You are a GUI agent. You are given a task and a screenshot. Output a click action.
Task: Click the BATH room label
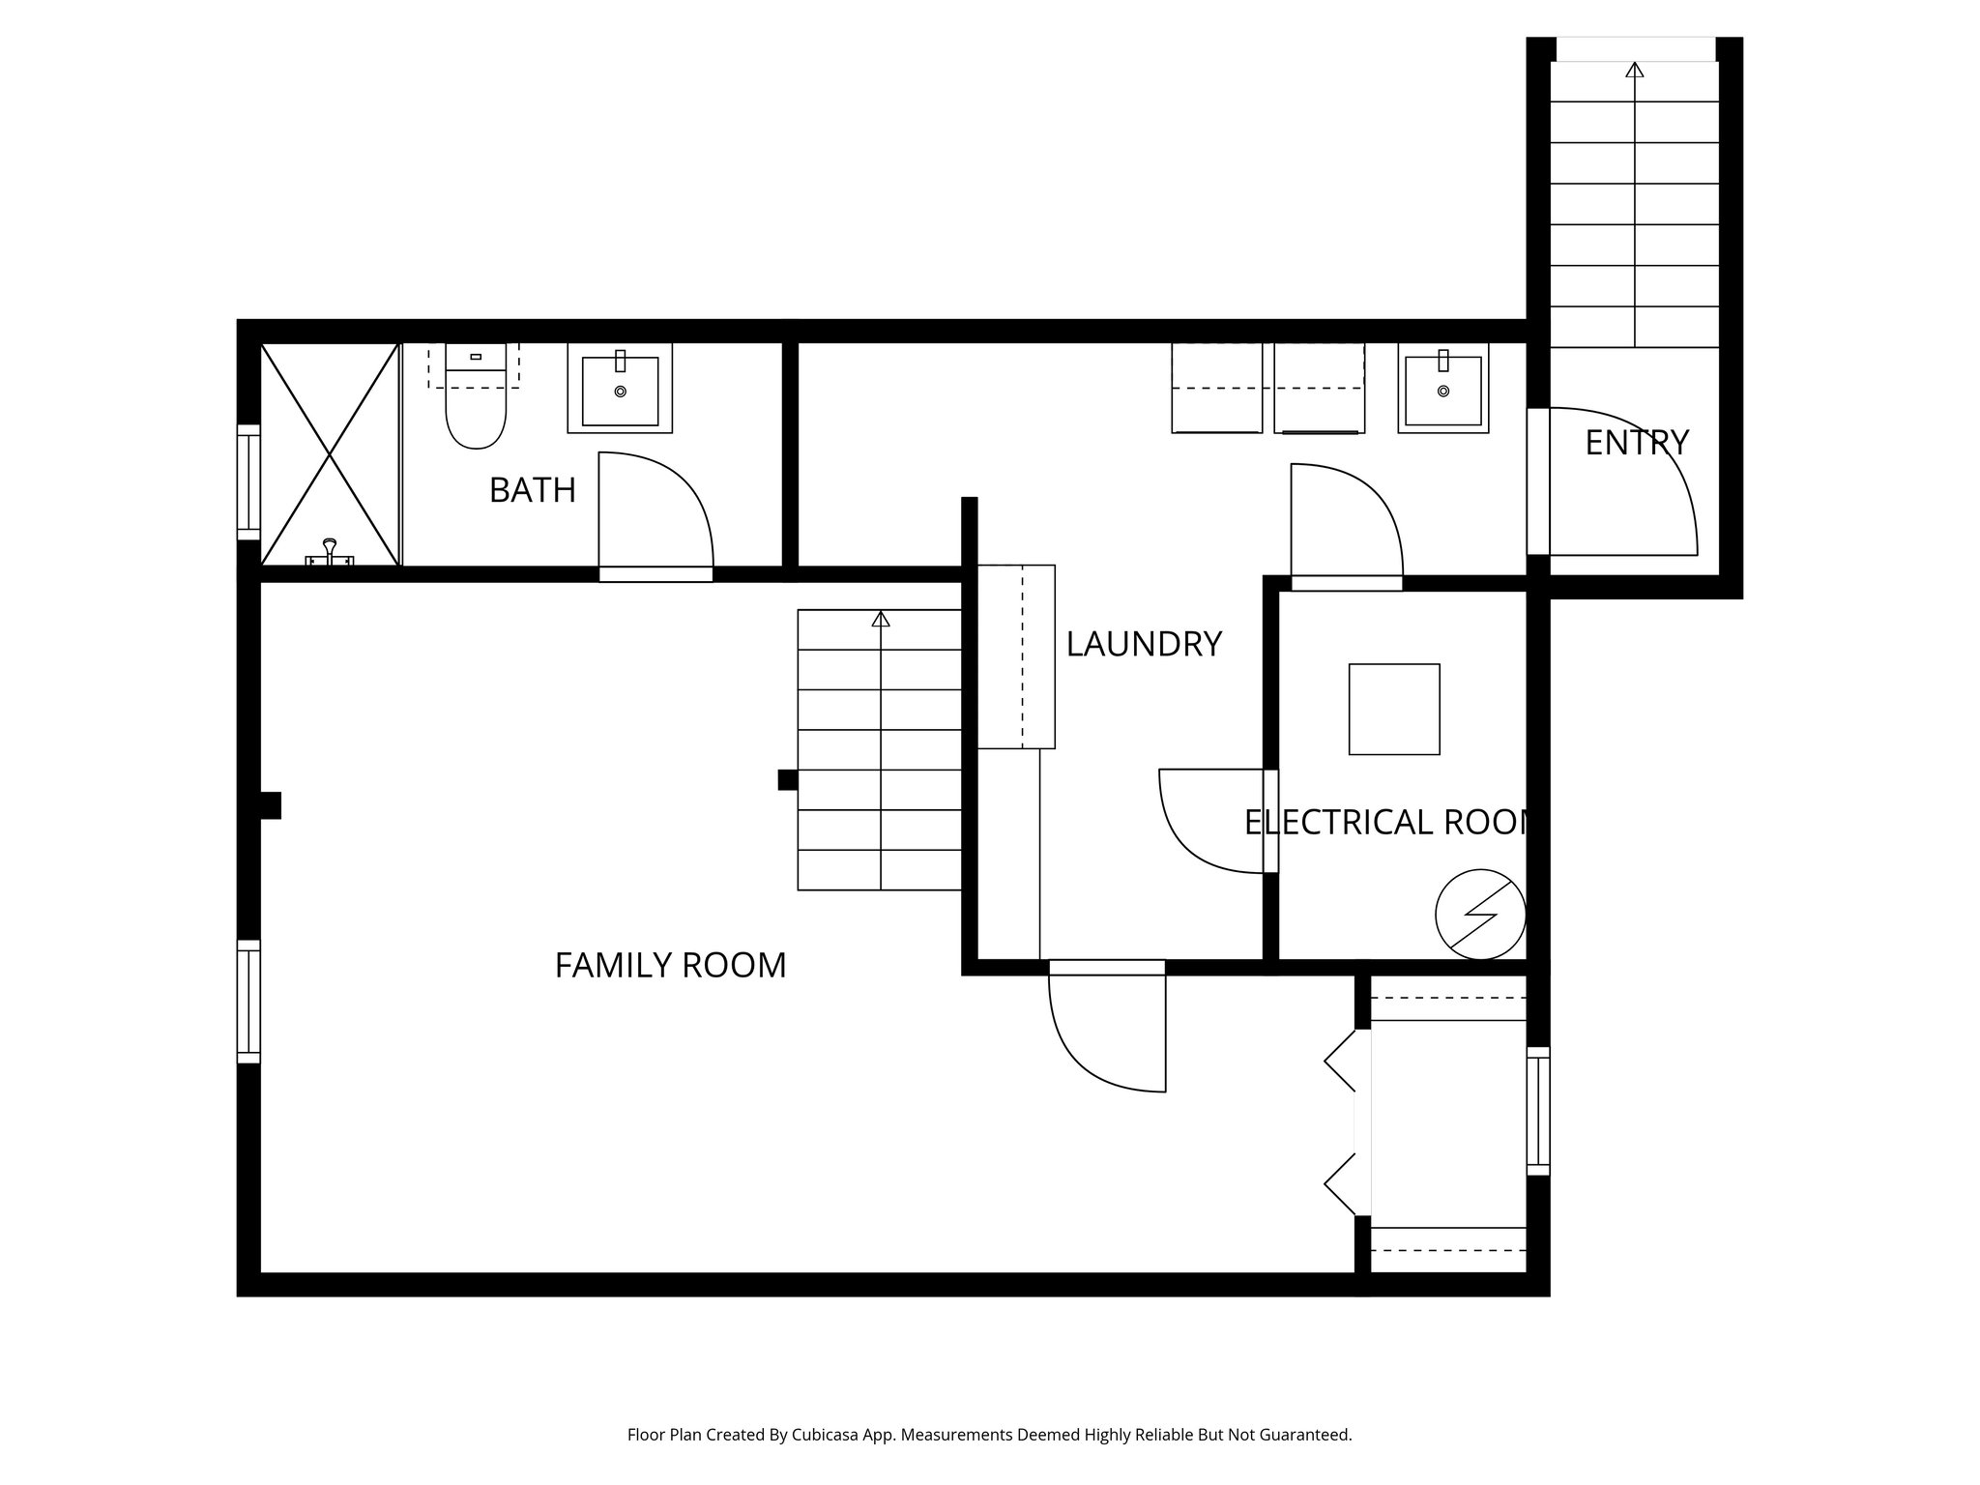[533, 490]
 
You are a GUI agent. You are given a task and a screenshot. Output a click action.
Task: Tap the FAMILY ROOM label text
[670, 965]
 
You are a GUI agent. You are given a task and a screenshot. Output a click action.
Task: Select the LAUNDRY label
[1144, 644]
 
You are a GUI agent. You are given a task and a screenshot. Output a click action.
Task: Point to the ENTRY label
[1637, 443]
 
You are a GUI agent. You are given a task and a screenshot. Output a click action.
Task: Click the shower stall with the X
[330, 453]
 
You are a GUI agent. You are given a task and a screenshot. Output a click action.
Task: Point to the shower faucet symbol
[330, 552]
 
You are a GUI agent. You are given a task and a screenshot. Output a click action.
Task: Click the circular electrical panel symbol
[1480, 915]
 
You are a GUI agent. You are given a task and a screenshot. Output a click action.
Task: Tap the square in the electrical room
[1394, 709]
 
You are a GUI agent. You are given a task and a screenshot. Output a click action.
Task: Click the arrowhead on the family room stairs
[880, 619]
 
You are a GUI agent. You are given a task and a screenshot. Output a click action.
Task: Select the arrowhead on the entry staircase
[1634, 70]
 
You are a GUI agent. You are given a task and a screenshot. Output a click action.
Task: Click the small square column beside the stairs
[788, 779]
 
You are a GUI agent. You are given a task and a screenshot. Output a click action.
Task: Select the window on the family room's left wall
[248, 1002]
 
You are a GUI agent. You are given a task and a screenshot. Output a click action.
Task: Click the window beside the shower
[248, 481]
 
